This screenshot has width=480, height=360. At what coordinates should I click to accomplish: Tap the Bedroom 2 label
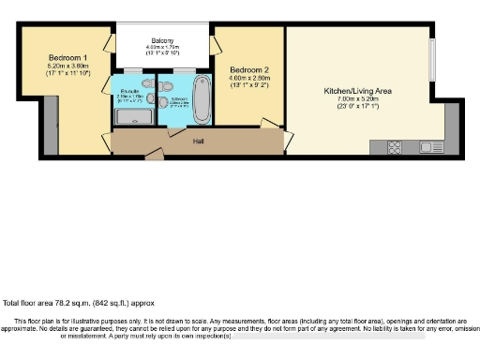point(248,70)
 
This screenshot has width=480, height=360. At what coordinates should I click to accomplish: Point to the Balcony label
point(164,41)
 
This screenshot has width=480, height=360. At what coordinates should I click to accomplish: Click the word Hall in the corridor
point(198,142)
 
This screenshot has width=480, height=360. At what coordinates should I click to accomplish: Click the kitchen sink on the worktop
point(433,146)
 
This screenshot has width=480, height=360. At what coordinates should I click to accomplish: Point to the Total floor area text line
point(78,303)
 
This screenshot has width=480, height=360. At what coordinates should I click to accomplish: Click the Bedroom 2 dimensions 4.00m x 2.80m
point(248,80)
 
